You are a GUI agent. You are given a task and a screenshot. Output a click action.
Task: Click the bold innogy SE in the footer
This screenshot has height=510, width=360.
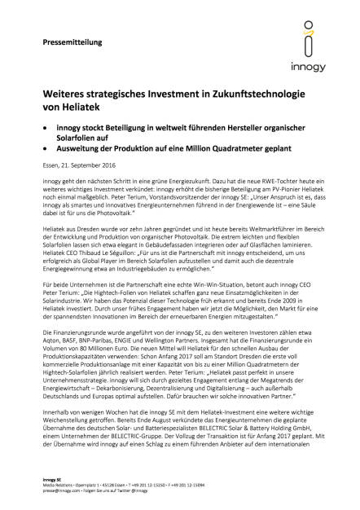click(x=53, y=479)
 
